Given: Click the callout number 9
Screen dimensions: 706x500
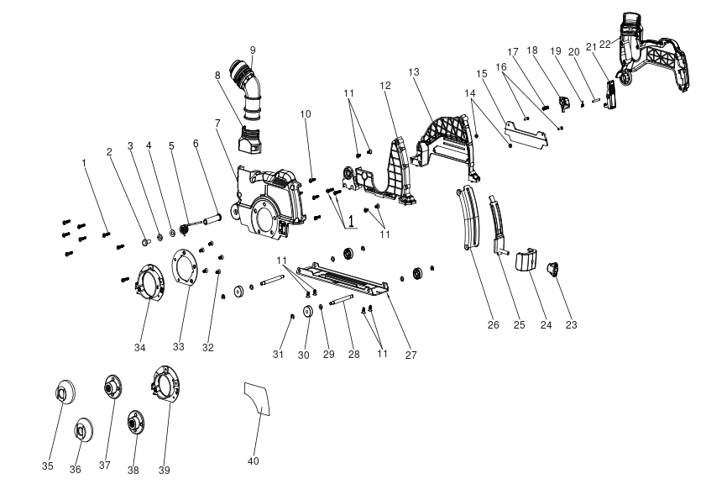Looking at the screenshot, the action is (x=253, y=50).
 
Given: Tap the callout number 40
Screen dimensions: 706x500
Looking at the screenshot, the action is (x=254, y=461).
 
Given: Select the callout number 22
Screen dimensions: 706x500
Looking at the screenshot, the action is (x=605, y=45).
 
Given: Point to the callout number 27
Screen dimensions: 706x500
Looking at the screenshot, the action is (x=411, y=355).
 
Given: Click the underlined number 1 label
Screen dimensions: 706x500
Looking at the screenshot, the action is (x=351, y=221).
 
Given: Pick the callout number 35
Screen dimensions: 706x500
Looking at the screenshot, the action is (x=48, y=466).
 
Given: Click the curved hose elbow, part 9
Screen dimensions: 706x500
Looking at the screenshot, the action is (x=246, y=90).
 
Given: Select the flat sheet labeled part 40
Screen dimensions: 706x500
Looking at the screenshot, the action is (x=258, y=398).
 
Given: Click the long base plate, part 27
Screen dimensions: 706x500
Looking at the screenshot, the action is (x=342, y=279).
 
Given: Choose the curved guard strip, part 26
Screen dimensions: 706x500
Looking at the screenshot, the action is (x=468, y=218).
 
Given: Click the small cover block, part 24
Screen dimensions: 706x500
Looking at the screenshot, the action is (x=527, y=260).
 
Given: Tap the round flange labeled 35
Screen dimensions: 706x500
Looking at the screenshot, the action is (x=65, y=392).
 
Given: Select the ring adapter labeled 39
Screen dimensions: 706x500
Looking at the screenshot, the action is (x=165, y=383).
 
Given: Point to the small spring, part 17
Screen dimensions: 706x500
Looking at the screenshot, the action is (x=546, y=107).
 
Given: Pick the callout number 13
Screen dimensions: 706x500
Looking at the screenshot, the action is (x=414, y=72).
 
